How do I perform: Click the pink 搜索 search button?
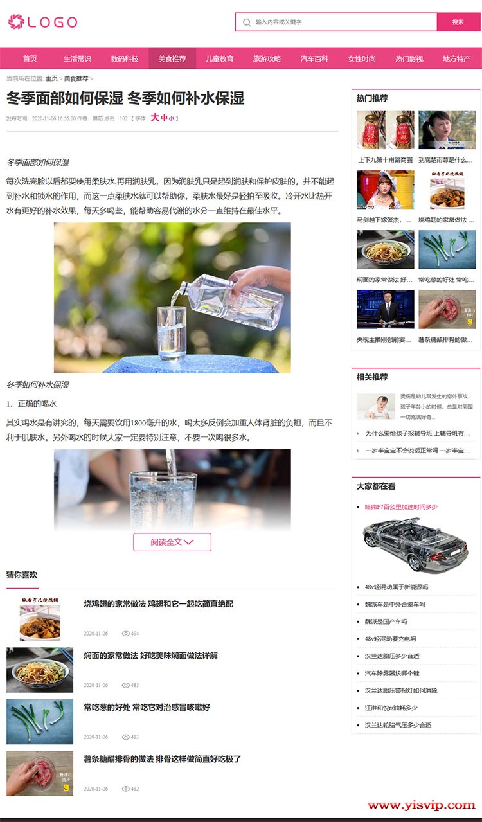pos(458,22)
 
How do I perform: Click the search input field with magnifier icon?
pos(341,22)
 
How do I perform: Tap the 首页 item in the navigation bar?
pos(30,58)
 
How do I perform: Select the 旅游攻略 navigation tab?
pos(267,58)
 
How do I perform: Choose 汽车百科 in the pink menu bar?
pos(314,58)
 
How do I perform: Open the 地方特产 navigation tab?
pos(456,58)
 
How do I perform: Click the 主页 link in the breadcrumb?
pos(51,78)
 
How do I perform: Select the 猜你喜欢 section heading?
pos(22,575)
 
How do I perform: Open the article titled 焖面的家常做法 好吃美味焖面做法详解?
pos(150,656)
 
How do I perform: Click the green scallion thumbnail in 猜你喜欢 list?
pos(40,722)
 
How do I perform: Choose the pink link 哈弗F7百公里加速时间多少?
pos(401,506)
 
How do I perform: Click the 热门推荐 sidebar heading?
pos(372,98)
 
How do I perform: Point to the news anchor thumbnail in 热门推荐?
pos(386,309)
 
